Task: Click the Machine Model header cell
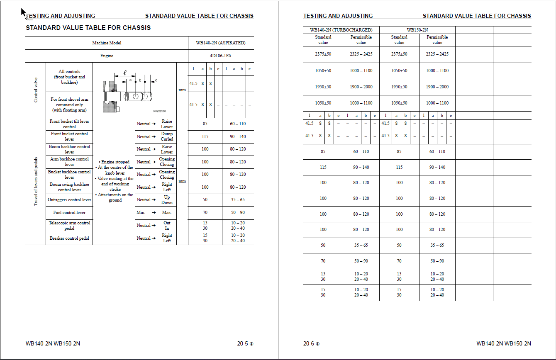click(x=107, y=43)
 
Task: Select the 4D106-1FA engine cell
click(x=221, y=56)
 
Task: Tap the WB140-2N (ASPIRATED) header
click(x=221, y=43)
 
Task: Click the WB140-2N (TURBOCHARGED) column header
click(x=341, y=30)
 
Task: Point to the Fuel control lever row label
click(x=69, y=212)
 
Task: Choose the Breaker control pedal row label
click(x=69, y=238)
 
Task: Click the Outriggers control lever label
click(x=69, y=200)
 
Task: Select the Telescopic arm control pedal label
click(x=69, y=226)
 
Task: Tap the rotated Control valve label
click(x=36, y=90)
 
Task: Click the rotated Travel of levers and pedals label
click(x=36, y=181)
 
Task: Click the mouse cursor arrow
click(x=24, y=12)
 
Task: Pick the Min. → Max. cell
click(x=155, y=212)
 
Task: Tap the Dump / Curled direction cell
click(x=167, y=136)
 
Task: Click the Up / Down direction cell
click(x=167, y=200)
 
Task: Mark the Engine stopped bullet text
click(x=115, y=162)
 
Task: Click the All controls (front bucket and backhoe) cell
click(x=69, y=77)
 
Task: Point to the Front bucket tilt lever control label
click(x=69, y=124)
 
